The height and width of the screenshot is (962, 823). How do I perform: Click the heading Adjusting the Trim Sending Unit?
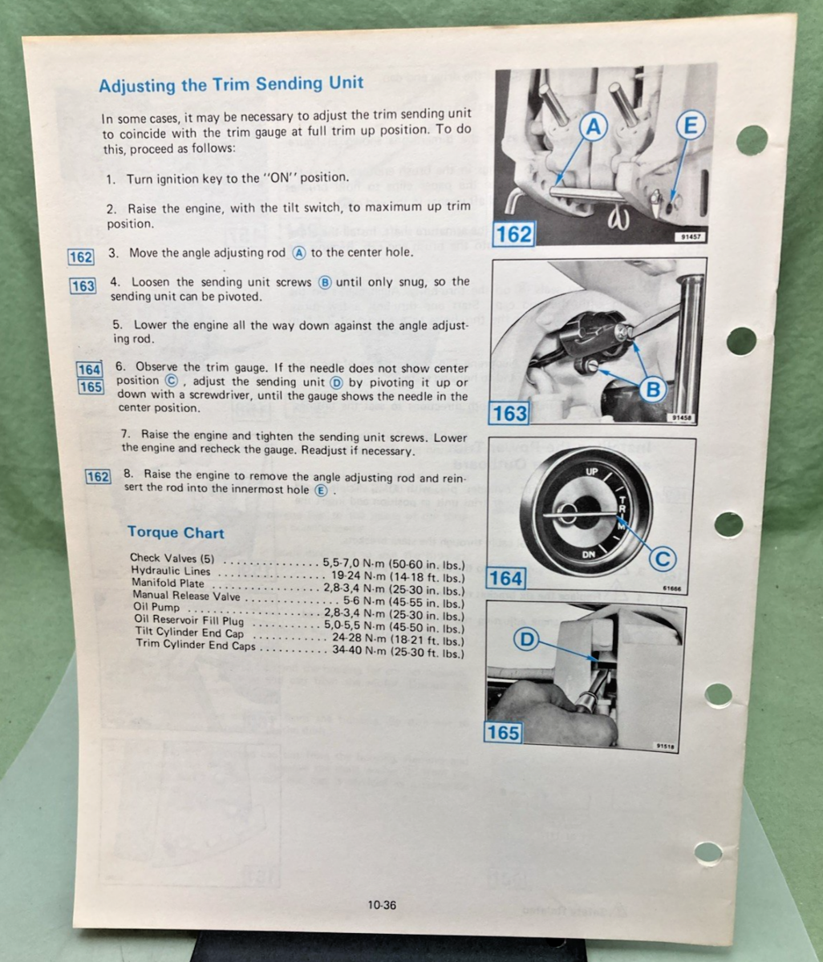coord(230,84)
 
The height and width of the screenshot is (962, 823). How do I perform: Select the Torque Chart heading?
coord(176,532)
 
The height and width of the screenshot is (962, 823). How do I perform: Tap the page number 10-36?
coord(383,905)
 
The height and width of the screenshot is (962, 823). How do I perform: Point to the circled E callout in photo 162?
coord(689,127)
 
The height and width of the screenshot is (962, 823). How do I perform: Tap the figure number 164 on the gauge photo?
coord(505,578)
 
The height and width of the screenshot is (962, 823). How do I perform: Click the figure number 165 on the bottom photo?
coord(503,733)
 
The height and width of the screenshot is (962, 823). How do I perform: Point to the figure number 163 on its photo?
coord(509,414)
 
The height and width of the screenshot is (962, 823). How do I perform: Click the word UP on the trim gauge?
coord(592,471)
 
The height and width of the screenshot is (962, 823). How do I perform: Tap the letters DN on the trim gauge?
coord(588,554)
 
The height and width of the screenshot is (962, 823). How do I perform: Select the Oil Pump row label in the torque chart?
coord(155,608)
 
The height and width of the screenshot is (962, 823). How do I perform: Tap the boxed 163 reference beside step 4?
coord(83,286)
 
